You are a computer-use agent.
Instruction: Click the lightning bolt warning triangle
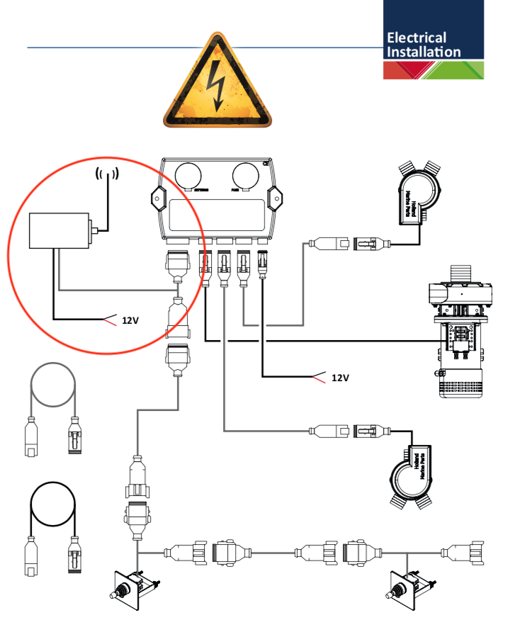pyautogui.click(x=217, y=84)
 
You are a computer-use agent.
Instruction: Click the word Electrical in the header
pyautogui.click(x=416, y=38)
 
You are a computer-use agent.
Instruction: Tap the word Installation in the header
pyautogui.click(x=424, y=52)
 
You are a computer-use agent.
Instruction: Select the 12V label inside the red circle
pyautogui.click(x=130, y=320)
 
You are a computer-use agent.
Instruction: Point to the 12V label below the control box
pyautogui.click(x=341, y=378)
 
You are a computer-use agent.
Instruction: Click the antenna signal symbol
pyautogui.click(x=107, y=174)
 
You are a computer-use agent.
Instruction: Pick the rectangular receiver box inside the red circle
pyautogui.click(x=57, y=231)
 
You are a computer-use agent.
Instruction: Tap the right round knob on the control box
pyautogui.click(x=246, y=175)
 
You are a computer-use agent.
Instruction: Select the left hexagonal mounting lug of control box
pyautogui.click(x=158, y=200)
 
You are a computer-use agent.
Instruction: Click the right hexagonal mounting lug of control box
pyautogui.click(x=275, y=200)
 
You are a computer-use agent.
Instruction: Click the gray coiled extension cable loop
pyautogui.click(x=52, y=386)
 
